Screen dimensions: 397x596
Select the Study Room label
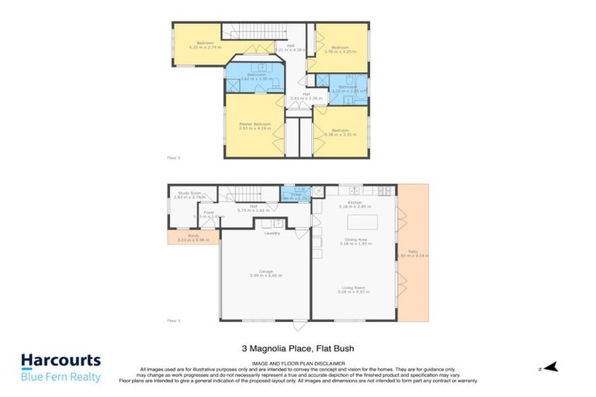click(x=189, y=194)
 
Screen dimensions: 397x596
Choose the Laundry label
click(x=272, y=233)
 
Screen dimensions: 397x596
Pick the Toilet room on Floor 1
click(x=296, y=196)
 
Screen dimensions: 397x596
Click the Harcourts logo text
click(x=60, y=361)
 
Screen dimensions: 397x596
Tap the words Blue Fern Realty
click(x=60, y=377)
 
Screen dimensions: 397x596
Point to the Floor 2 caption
click(x=174, y=158)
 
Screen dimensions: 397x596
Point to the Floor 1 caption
click(x=174, y=319)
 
